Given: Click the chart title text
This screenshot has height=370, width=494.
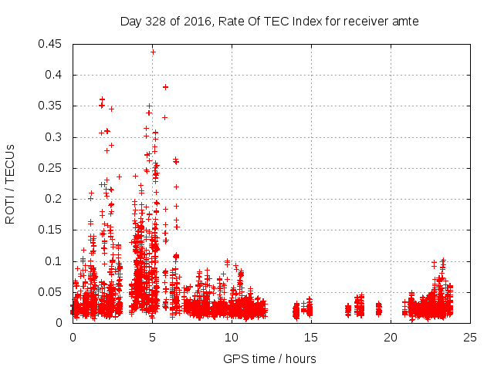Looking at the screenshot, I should (x=269, y=22).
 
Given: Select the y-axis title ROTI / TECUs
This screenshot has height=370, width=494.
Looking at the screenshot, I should (x=10, y=183).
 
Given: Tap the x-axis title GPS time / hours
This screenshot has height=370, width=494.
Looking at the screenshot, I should (x=269, y=358).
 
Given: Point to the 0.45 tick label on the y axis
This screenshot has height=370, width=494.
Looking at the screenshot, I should (x=51, y=44).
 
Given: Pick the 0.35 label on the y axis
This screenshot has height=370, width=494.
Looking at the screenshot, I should (x=51, y=106).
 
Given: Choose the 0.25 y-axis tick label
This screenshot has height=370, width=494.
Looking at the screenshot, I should (x=51, y=168).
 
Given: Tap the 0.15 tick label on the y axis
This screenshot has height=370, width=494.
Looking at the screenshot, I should (x=51, y=230).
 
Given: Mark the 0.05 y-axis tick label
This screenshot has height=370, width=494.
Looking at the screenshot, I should (x=51, y=292).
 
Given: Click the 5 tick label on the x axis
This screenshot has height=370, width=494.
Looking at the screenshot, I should (x=153, y=337).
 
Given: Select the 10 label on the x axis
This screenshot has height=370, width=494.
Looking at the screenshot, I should (x=232, y=337).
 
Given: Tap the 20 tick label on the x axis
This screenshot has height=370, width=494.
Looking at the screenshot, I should (x=391, y=337).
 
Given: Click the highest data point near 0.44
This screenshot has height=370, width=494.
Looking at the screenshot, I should (x=153, y=52).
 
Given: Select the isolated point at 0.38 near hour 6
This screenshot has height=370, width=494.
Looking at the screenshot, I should (x=165, y=87).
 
